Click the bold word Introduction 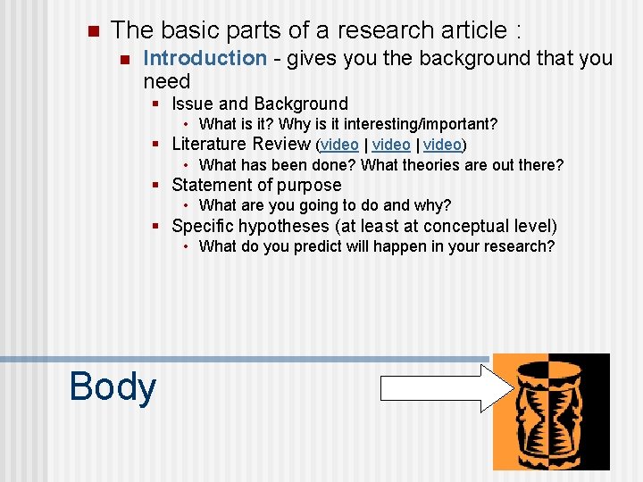pyautogui.click(x=205, y=59)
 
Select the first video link pyautogui.click(x=339, y=145)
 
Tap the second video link pyautogui.click(x=391, y=145)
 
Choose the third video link pyautogui.click(x=443, y=145)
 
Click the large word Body pyautogui.click(x=113, y=386)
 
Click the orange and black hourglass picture pyautogui.click(x=551, y=411)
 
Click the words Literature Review pyautogui.click(x=241, y=144)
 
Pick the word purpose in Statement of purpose pyautogui.click(x=308, y=186)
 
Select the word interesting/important pyautogui.click(x=423, y=124)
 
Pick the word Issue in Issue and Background pyautogui.click(x=192, y=104)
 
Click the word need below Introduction pyautogui.click(x=167, y=82)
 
